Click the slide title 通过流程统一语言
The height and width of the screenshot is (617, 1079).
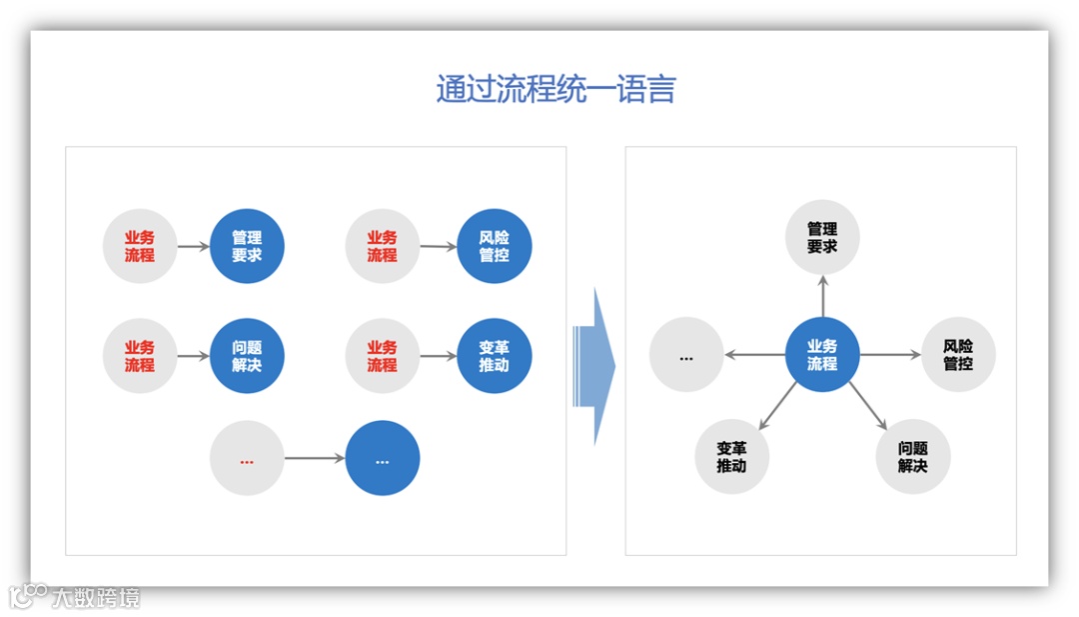(555, 90)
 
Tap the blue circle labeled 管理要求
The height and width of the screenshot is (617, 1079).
(247, 246)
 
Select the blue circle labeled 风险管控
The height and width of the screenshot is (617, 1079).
(494, 246)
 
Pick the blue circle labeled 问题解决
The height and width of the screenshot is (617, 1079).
(247, 356)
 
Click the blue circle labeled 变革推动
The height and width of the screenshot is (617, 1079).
(494, 356)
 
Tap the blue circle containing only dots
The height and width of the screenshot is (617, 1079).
(383, 459)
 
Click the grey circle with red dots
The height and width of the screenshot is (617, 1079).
(247, 459)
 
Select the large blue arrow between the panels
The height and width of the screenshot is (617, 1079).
(594, 366)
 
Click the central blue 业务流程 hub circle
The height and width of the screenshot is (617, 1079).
(822, 355)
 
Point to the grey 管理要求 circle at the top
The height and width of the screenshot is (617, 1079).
(822, 238)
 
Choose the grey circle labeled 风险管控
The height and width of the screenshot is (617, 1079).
(958, 355)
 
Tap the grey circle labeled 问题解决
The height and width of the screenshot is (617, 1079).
(912, 457)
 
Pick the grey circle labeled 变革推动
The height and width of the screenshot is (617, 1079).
(731, 457)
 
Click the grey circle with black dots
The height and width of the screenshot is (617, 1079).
(686, 355)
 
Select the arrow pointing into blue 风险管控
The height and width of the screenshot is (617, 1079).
(437, 246)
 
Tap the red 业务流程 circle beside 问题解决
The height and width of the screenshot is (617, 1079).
(140, 356)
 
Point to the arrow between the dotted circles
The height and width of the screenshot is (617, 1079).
(314, 459)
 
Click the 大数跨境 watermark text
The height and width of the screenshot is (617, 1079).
(97, 598)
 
